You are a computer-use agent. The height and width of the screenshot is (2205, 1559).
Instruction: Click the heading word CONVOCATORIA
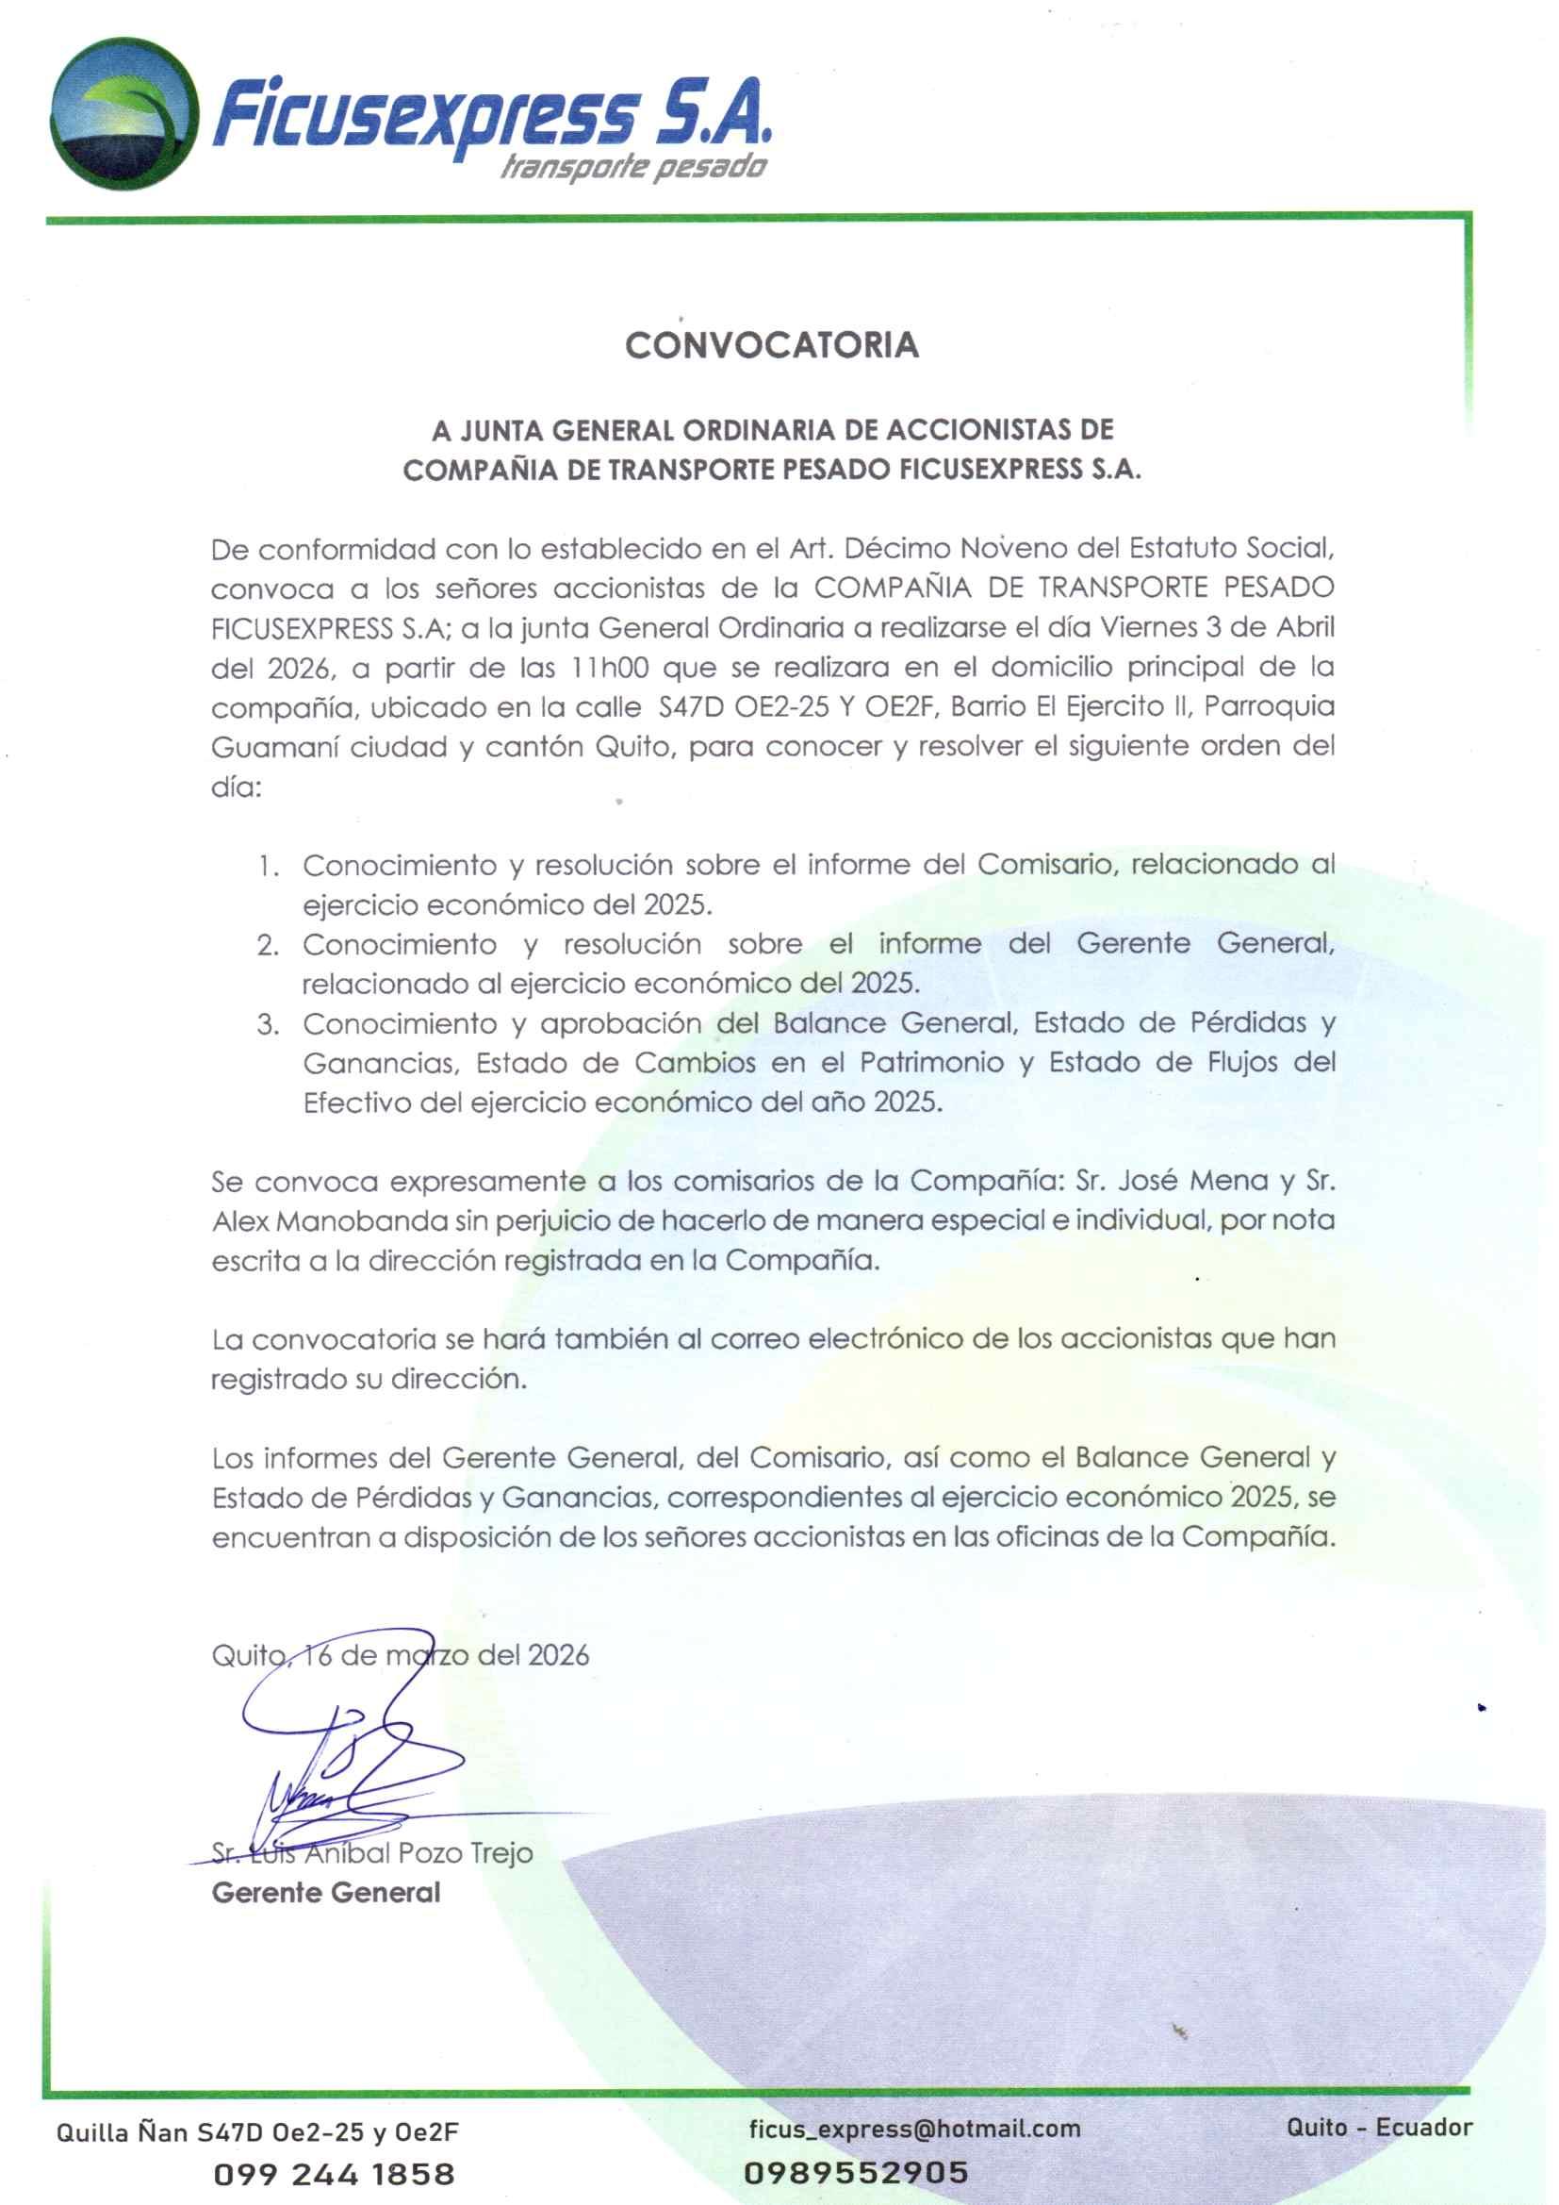point(772,345)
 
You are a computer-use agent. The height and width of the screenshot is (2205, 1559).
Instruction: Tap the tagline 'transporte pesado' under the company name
point(633,167)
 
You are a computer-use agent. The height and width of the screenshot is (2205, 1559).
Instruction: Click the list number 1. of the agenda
point(268,865)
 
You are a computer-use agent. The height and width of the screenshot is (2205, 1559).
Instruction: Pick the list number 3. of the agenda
point(268,1024)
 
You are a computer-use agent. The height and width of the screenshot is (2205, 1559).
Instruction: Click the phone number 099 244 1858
point(333,2174)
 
